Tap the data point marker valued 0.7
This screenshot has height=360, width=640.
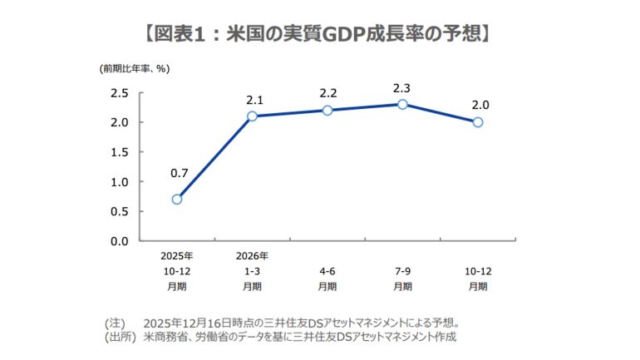pyautogui.click(x=176, y=199)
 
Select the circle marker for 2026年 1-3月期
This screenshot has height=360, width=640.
pyautogui.click(x=252, y=116)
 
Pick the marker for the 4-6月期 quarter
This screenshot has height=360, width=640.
pyautogui.click(x=327, y=110)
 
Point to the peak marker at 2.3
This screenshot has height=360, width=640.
pyautogui.click(x=402, y=104)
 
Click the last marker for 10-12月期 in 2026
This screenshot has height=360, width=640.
pyautogui.click(x=478, y=121)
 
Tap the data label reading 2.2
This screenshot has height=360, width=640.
pyautogui.click(x=328, y=94)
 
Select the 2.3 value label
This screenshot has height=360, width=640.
pyautogui.click(x=403, y=88)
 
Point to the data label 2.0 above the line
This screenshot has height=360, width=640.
pyautogui.click(x=479, y=106)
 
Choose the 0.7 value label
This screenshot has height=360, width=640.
pyautogui.click(x=179, y=175)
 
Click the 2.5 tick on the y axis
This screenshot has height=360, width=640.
pyautogui.click(x=119, y=93)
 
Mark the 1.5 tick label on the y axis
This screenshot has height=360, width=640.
pyautogui.click(x=119, y=152)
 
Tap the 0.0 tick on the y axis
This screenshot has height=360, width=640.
pyautogui.click(x=119, y=241)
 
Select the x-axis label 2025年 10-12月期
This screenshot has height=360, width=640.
pyautogui.click(x=176, y=271)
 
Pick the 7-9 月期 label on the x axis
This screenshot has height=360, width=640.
pyautogui.click(x=402, y=279)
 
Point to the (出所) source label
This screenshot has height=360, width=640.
pyautogui.click(x=119, y=337)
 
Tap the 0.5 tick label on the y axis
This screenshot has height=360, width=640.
pyautogui.click(x=119, y=211)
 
